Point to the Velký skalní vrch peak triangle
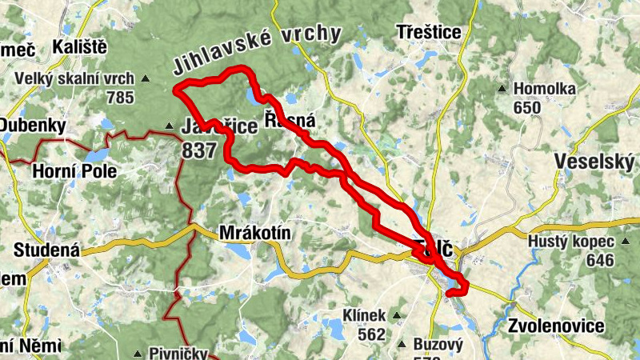(146, 79)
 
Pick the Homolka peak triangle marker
(502, 89)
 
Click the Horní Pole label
(74, 171)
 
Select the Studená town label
(47, 250)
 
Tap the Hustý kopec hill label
(571, 241)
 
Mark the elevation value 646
(599, 260)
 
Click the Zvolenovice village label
(556, 326)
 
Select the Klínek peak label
(364, 315)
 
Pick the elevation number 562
(372, 334)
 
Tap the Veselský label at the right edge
(595, 162)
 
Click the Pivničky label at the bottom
(178, 353)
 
